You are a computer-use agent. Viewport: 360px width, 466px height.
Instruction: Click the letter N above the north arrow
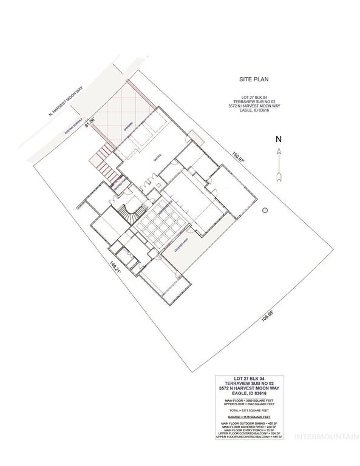pos(279,138)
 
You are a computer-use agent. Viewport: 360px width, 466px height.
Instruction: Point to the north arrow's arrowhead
pos(279,154)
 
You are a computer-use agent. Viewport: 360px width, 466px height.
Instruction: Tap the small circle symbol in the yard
pos(265,210)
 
